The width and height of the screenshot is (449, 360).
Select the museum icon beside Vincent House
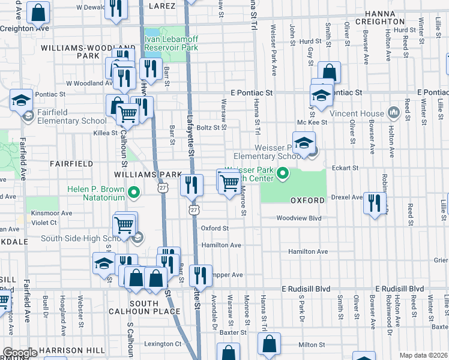pos(394,112)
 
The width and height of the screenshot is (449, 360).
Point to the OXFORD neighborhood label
pos(307,200)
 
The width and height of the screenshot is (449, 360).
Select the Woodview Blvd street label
pos(299,218)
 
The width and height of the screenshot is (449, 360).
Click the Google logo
pos(19,353)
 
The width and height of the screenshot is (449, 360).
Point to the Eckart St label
pos(346,168)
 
